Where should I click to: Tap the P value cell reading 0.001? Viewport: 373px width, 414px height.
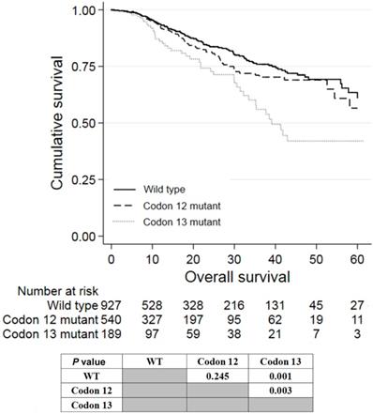(306, 375)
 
